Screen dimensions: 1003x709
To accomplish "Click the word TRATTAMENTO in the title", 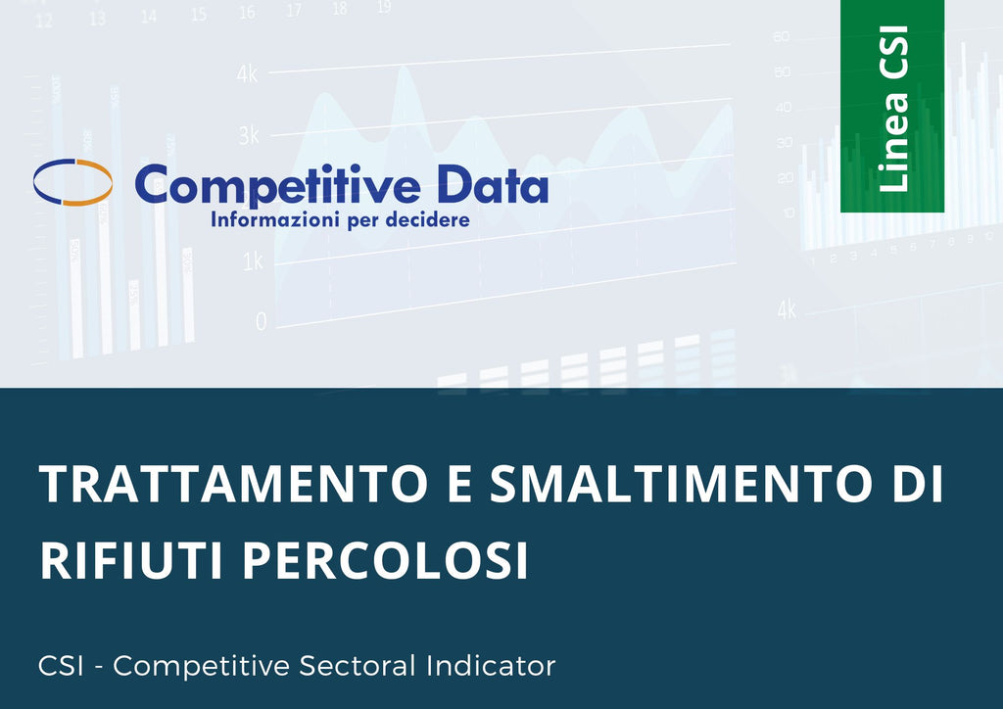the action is pyautogui.click(x=233, y=484).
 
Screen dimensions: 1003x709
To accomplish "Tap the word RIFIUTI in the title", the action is pyautogui.click(x=131, y=559).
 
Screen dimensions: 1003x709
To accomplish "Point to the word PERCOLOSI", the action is pyautogui.click(x=385, y=559).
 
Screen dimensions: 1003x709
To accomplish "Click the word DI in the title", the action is pyautogui.click(x=919, y=484).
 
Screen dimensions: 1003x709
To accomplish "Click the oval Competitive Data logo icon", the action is pyautogui.click(x=72, y=182).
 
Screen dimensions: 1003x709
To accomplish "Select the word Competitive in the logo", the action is pyautogui.click(x=277, y=185).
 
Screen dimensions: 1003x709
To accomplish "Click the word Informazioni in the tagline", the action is pyautogui.click(x=276, y=220).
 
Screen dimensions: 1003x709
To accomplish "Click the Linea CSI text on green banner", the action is pyautogui.click(x=893, y=109).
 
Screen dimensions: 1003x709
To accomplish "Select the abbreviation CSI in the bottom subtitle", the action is pyautogui.click(x=61, y=666).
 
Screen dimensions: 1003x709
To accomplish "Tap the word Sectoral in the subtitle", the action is pyautogui.click(x=358, y=666).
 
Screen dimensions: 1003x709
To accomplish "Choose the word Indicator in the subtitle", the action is pyautogui.click(x=492, y=666).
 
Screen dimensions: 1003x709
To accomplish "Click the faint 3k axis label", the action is pyautogui.click(x=249, y=135).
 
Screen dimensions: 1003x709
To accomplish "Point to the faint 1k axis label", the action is pyautogui.click(x=253, y=260).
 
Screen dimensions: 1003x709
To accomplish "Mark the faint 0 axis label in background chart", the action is pyautogui.click(x=261, y=321).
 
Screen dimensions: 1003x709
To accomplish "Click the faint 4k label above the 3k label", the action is pyautogui.click(x=247, y=73).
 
